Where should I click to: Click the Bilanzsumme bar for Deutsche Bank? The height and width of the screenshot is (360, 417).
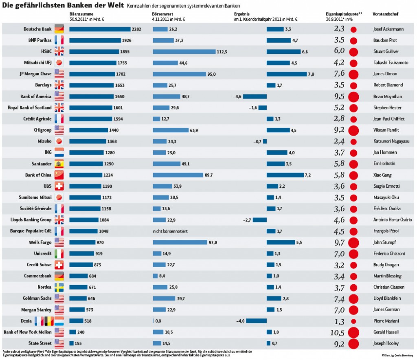click(99, 29)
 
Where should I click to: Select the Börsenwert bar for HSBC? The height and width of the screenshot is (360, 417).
click(184, 52)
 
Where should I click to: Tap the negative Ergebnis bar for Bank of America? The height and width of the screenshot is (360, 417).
click(255, 97)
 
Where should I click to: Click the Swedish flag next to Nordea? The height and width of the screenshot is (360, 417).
click(59, 287)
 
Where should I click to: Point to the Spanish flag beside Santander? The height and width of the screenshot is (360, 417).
click(59, 164)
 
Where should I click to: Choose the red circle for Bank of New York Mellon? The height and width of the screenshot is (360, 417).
click(353, 332)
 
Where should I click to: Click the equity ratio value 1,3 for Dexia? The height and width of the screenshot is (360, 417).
click(339, 321)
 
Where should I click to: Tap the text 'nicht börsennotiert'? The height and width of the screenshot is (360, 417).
click(170, 231)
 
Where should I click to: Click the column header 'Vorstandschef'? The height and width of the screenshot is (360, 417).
click(385, 14)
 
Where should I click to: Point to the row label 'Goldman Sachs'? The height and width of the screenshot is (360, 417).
click(38, 299)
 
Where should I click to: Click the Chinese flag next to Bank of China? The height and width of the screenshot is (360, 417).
click(59, 175)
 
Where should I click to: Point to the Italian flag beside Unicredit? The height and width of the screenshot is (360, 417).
click(59, 254)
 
